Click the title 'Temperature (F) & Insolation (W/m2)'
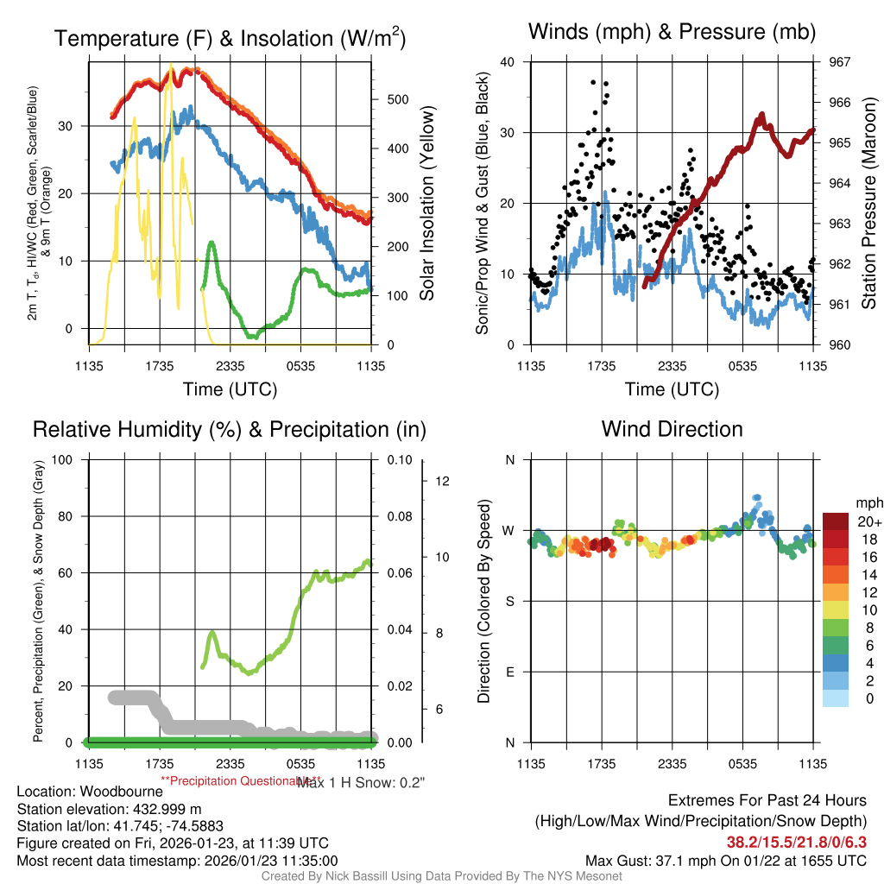tap(230, 39)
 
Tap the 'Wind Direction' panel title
tap(672, 429)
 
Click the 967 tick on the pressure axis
tap(839, 62)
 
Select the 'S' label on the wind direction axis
tap(509, 601)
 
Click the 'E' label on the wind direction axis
tap(509, 672)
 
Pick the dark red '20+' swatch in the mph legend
tap(835, 521)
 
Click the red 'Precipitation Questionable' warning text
tap(226, 780)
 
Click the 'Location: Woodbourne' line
tap(90, 792)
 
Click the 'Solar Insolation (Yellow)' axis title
tap(427, 204)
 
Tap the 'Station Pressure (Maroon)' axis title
tap(869, 204)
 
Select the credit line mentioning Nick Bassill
tap(441, 876)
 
